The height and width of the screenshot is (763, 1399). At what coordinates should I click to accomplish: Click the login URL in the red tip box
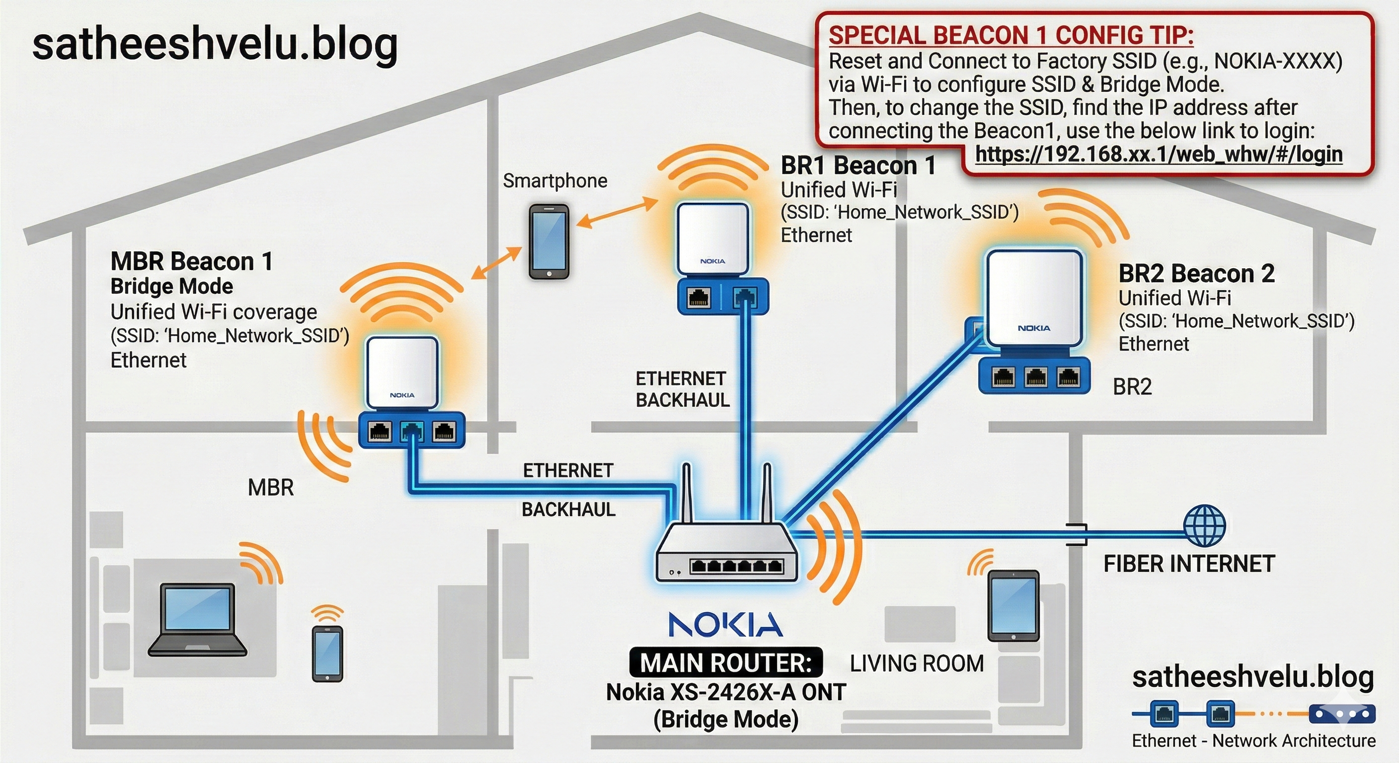pos(1159,154)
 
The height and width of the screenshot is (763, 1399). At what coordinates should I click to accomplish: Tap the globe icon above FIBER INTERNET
pos(1204,525)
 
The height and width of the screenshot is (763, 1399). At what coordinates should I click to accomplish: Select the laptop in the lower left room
pos(198,619)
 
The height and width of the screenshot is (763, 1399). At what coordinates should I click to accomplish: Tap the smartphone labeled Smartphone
pos(549,241)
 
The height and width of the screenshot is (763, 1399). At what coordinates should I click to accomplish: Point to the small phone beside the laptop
pos(327,653)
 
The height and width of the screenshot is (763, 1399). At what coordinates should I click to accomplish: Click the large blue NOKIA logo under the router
pos(725,624)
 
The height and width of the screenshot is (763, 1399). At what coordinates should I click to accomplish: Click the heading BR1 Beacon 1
pos(858,165)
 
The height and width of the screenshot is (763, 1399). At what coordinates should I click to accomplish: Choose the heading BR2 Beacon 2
pos(1196,273)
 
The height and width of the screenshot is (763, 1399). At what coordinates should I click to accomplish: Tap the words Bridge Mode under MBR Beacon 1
pos(171,286)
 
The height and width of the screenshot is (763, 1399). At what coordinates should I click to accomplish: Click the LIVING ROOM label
pos(917,664)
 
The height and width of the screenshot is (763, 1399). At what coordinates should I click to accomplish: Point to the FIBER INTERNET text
pos(1189,564)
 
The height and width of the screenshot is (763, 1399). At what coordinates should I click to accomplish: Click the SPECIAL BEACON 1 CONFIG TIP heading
pos(1010,35)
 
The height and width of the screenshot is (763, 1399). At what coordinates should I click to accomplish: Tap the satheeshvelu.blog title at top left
pos(215,45)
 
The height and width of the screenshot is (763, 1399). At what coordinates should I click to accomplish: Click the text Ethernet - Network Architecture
pos(1253,741)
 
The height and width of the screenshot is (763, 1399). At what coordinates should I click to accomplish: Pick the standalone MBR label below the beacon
pos(270,488)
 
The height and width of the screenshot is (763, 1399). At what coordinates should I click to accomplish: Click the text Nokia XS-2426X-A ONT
pos(725,692)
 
